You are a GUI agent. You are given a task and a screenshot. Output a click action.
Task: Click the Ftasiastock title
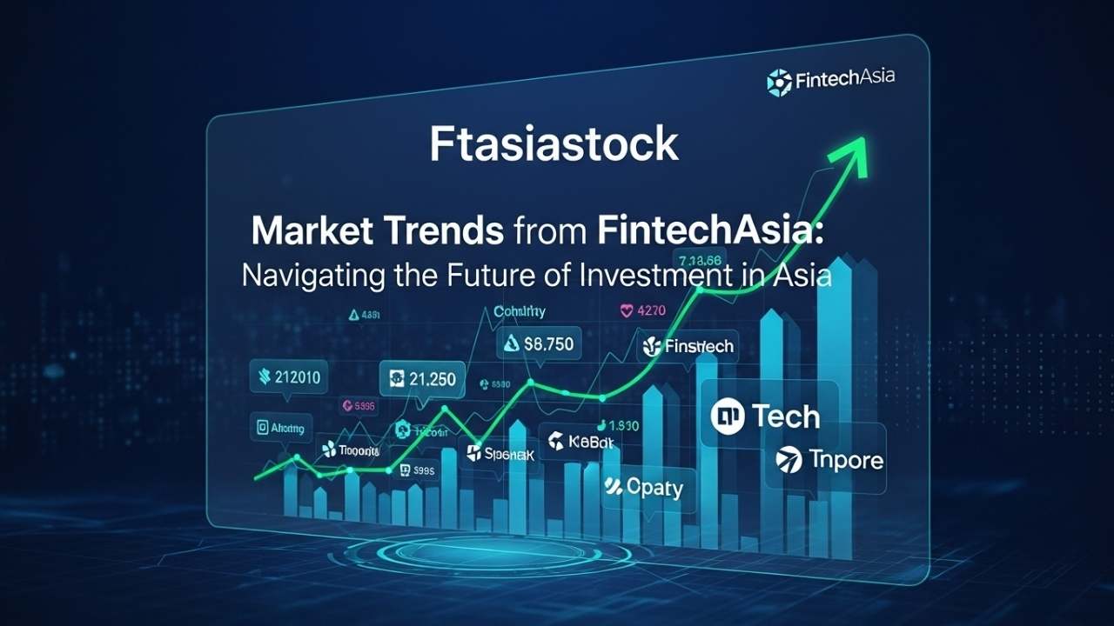[554, 145]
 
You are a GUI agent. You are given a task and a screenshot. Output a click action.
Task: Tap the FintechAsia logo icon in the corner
[778, 82]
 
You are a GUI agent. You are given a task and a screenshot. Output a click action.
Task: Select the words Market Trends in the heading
[377, 232]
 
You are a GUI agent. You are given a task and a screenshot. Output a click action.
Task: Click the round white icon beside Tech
[728, 416]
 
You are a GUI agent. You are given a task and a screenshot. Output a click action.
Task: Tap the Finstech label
[699, 346]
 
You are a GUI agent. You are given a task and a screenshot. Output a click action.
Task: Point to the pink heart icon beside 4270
[626, 310]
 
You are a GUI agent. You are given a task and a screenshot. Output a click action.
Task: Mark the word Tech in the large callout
[785, 416]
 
